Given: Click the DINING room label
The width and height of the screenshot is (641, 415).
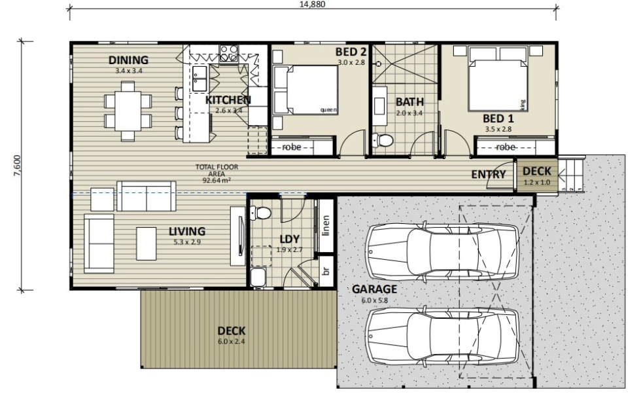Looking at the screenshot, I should pos(128,60).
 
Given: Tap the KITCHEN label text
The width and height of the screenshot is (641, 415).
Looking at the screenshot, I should pos(228,100).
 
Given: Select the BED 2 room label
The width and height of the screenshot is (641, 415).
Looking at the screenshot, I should pos(351,52).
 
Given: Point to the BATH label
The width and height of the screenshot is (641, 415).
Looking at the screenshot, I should pos(409,102).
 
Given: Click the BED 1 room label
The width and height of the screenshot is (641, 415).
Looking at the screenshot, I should pos(498,118).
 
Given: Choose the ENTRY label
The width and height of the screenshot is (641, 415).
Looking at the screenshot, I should pos(489,174).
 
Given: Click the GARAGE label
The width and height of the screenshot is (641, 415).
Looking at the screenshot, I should pos(374,289).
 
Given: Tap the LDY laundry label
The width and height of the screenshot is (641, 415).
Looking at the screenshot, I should pos(289,239).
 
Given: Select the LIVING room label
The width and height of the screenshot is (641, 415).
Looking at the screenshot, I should pos(187,232).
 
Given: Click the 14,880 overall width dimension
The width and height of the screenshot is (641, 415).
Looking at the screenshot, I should pos(312,4).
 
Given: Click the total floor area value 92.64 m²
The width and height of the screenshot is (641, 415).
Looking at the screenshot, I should pos(217,179).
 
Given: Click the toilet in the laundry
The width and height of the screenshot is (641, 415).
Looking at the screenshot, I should pos(262,213).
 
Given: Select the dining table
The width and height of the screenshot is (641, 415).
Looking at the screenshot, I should pos(128,111).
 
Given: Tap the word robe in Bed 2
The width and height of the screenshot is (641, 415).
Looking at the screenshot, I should pos(291,147).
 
